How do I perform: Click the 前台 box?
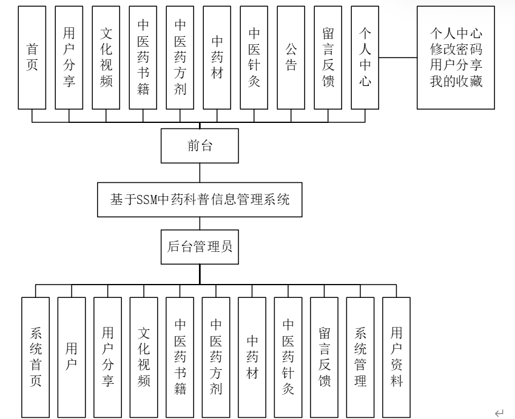[200, 145]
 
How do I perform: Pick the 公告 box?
[291, 58]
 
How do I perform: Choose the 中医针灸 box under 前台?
[254, 58]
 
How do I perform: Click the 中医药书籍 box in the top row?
[144, 58]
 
